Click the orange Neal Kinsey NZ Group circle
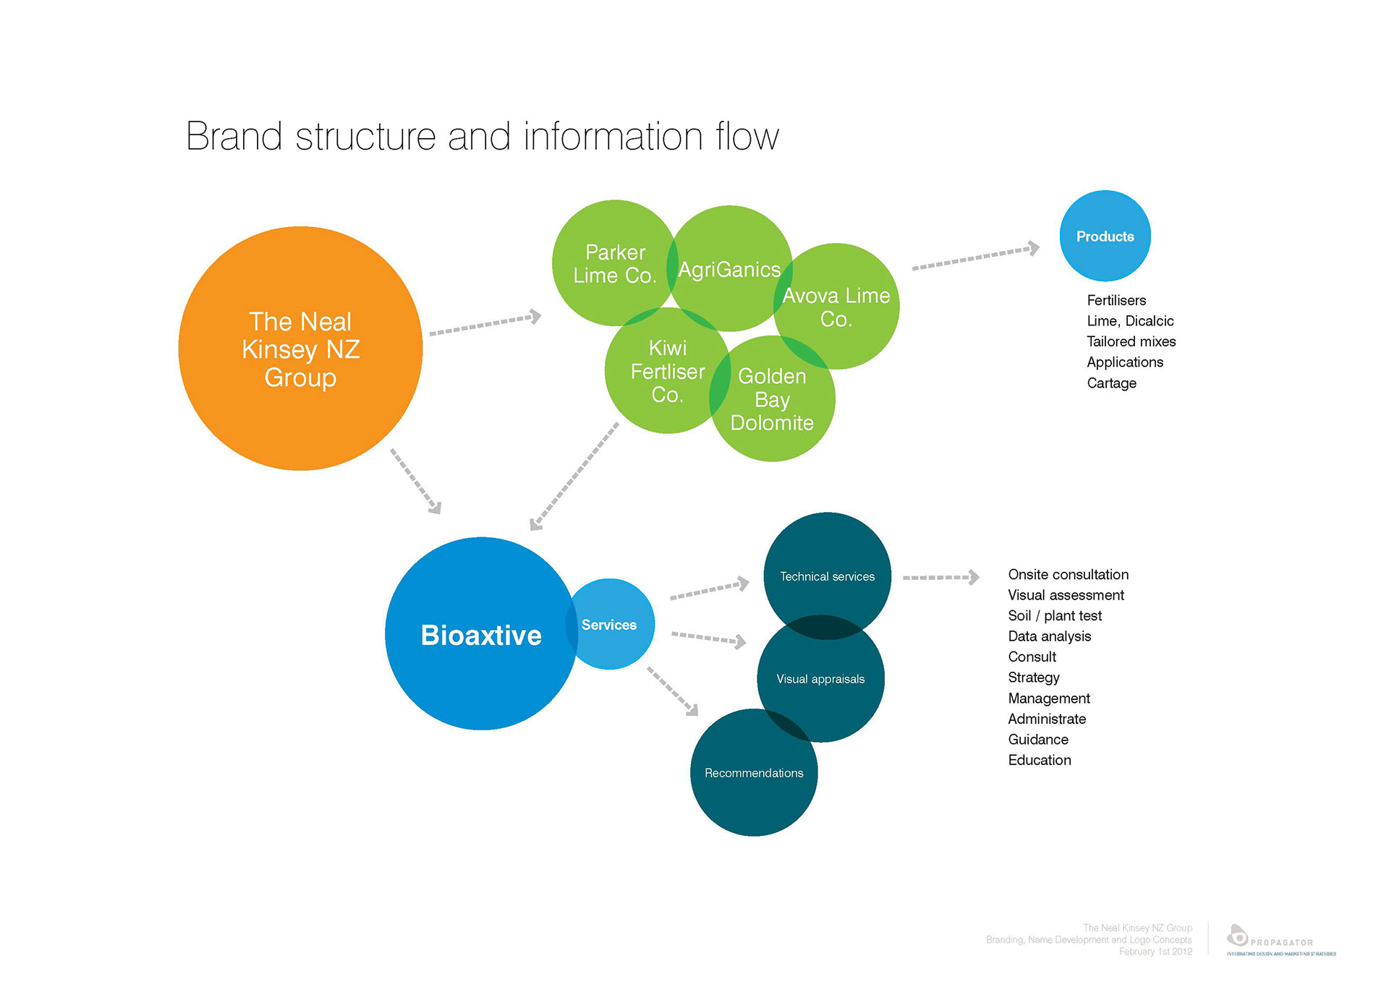click(300, 349)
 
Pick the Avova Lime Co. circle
click(839, 307)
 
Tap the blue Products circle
click(1105, 236)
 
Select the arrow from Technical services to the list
click(940, 577)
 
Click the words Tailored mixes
click(1131, 341)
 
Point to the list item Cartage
click(1111, 383)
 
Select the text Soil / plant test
click(1055, 615)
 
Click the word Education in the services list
click(1040, 760)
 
